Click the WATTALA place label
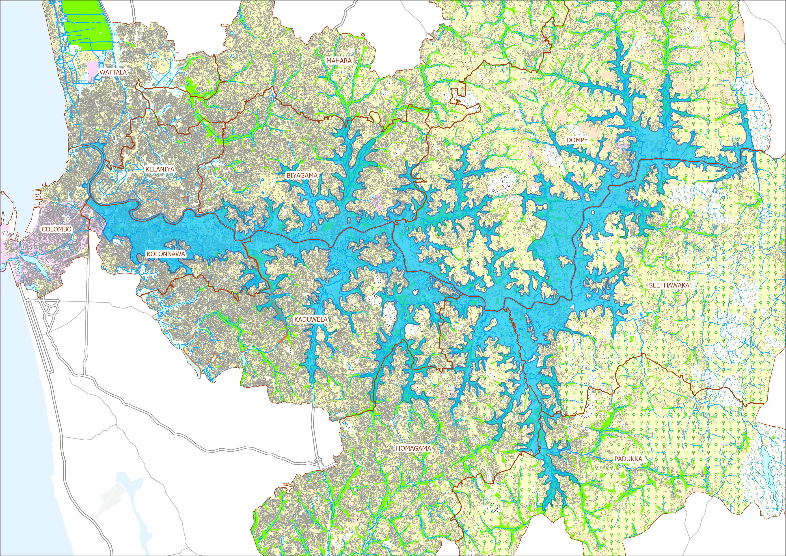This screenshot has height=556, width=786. point(113,72)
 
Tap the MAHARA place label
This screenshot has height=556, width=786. point(339,61)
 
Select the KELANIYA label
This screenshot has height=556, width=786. point(160,169)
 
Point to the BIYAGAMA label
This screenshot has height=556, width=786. point(302,175)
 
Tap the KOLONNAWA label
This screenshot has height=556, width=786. point(166,254)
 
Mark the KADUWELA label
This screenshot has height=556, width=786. point(311,319)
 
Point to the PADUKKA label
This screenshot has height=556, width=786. point(628,459)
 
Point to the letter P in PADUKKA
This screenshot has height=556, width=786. point(616,459)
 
